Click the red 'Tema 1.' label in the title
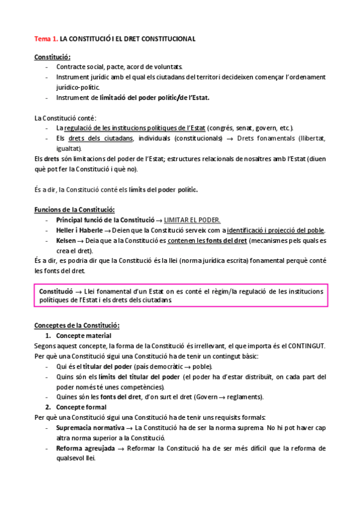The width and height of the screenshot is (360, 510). point(46,38)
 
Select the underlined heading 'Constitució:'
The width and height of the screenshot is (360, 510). point(52,57)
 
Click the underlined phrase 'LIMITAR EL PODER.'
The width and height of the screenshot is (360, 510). point(192,220)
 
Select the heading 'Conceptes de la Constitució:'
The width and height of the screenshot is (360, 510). point(77,325)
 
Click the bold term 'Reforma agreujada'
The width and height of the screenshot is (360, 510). point(82,448)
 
